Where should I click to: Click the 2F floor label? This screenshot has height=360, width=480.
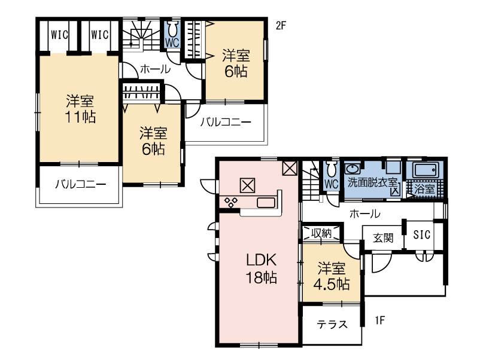[281, 26]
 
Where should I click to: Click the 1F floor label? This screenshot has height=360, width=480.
[380, 321]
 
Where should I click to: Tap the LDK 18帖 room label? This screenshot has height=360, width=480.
[262, 269]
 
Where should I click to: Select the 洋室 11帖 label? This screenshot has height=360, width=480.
[81, 109]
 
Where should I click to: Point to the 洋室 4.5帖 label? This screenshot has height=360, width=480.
[332, 276]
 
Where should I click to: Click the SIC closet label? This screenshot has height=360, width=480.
[421, 234]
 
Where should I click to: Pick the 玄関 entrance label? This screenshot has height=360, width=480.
[383, 237]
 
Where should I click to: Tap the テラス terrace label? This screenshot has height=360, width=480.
[332, 324]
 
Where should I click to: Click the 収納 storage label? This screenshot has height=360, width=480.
[321, 233]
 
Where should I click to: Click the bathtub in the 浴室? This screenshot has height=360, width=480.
[425, 170]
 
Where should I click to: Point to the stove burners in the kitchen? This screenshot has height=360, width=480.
[231, 202]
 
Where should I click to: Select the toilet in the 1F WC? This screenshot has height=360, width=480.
[332, 168]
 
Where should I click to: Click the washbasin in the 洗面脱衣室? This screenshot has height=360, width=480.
[353, 169]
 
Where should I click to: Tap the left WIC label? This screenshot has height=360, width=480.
[59, 35]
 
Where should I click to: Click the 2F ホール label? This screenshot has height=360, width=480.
[155, 69]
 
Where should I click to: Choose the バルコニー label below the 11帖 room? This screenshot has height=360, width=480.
[81, 184]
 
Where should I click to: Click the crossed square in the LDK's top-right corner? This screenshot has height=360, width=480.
[290, 168]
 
